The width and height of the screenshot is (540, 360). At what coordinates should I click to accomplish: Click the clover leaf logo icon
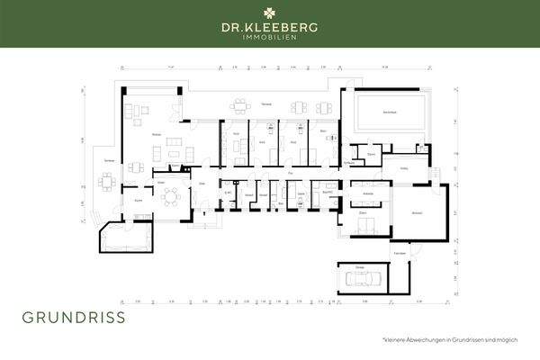click(x=270, y=13)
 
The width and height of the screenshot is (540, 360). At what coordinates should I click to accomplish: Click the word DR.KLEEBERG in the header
click(x=270, y=28)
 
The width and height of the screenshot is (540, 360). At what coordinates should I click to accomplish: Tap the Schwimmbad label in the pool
click(x=390, y=112)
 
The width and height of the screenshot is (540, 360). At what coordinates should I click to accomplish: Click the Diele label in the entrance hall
click(x=203, y=183)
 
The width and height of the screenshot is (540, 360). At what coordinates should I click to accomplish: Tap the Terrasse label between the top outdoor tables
click(x=266, y=105)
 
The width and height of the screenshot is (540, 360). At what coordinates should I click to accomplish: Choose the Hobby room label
click(x=404, y=169)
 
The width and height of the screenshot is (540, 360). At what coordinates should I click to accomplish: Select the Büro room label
click(x=321, y=131)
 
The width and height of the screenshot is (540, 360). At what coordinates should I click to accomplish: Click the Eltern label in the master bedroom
click(x=364, y=212)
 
